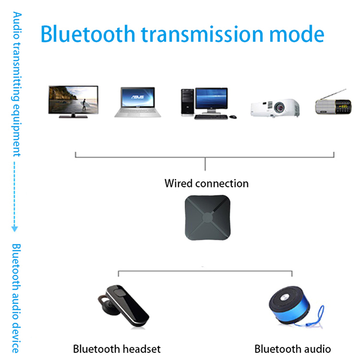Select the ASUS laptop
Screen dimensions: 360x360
[x=137, y=102]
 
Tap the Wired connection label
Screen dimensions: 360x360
[x=206, y=183]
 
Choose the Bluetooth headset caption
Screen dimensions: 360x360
[x=117, y=349]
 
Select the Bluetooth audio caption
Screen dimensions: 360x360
[x=292, y=349]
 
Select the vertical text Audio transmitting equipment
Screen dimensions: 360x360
[x=17, y=85]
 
